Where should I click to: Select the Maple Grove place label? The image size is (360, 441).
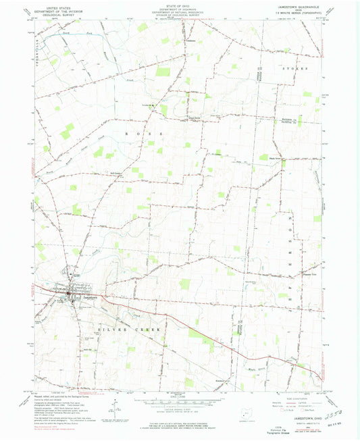tap(278, 159)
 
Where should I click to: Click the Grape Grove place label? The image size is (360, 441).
tap(195, 121)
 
